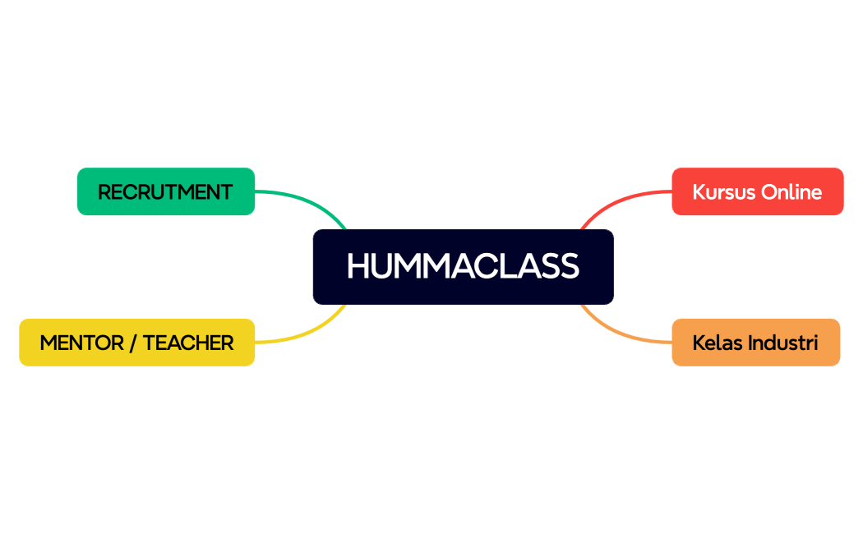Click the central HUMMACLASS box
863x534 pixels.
click(463, 266)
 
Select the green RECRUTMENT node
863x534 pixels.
click(165, 191)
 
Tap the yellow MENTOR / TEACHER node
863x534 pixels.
click(136, 343)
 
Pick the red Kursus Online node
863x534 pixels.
click(757, 191)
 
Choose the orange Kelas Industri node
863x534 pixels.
click(755, 343)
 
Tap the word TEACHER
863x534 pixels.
click(188, 343)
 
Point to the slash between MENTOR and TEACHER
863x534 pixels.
click(132, 343)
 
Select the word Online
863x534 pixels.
click(791, 192)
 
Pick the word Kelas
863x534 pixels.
click(718, 343)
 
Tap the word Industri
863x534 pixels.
click(783, 343)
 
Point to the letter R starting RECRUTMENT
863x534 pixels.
click(104, 192)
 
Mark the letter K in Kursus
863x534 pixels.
click(699, 192)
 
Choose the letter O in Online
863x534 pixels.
click(768, 192)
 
